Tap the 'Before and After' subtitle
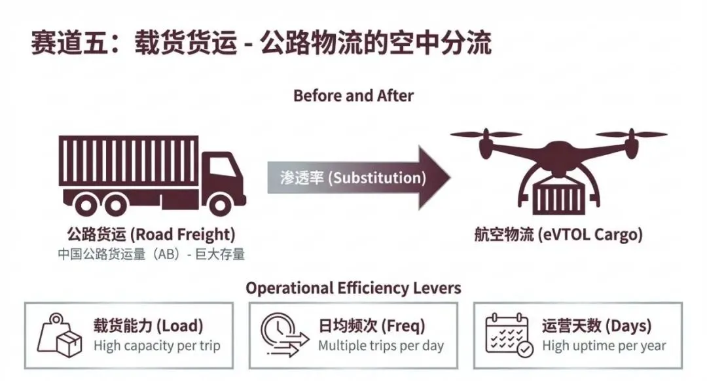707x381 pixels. pyautogui.click(x=353, y=96)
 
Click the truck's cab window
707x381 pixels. pyautogui.click(x=223, y=166)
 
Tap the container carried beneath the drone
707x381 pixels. pyautogui.click(x=558, y=197)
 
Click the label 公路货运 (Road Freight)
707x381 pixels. pyautogui.click(x=151, y=234)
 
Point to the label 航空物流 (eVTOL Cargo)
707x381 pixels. pyautogui.click(x=558, y=234)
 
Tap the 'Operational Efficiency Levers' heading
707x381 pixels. pyautogui.click(x=353, y=288)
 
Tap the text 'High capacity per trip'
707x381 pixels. pyautogui.click(x=157, y=345)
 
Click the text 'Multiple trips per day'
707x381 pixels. pyautogui.click(x=381, y=345)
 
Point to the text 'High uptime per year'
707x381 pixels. pyautogui.click(x=604, y=345)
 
